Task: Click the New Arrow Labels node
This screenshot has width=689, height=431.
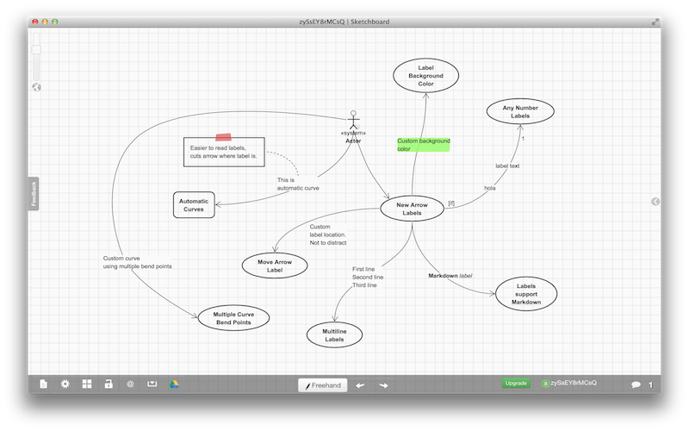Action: [412, 209]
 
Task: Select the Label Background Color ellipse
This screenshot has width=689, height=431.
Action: [425, 76]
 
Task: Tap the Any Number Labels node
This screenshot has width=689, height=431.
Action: [520, 110]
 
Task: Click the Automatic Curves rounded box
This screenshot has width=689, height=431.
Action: [194, 204]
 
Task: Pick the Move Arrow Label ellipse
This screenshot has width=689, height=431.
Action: [275, 265]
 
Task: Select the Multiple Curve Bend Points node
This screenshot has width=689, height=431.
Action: [233, 317]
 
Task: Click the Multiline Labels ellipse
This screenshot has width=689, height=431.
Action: [335, 334]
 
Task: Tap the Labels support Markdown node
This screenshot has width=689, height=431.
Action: [526, 293]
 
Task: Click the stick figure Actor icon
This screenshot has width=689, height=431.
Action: [351, 120]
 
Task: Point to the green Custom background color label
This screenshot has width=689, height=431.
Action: [423, 144]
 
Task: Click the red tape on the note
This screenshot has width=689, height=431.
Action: [223, 136]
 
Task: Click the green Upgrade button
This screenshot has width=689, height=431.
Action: [516, 384]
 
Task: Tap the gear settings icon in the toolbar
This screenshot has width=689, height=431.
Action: [65, 384]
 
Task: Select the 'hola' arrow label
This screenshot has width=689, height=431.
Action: [490, 187]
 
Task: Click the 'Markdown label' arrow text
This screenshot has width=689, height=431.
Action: [450, 276]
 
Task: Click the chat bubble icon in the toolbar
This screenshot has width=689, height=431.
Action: [636, 384]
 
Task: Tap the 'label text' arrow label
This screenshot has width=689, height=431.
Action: [507, 166]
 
